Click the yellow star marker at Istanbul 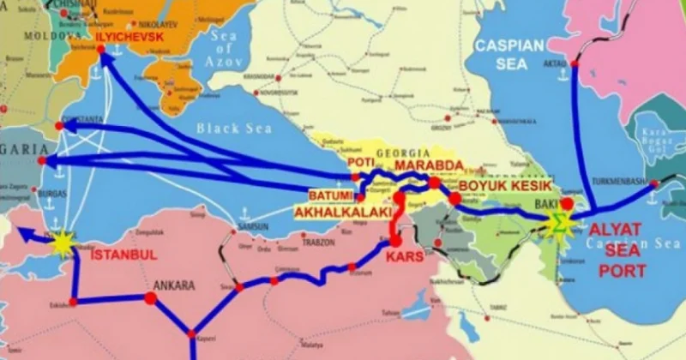point(62,244)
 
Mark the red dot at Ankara point(150,298)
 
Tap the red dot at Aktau point(576,63)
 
